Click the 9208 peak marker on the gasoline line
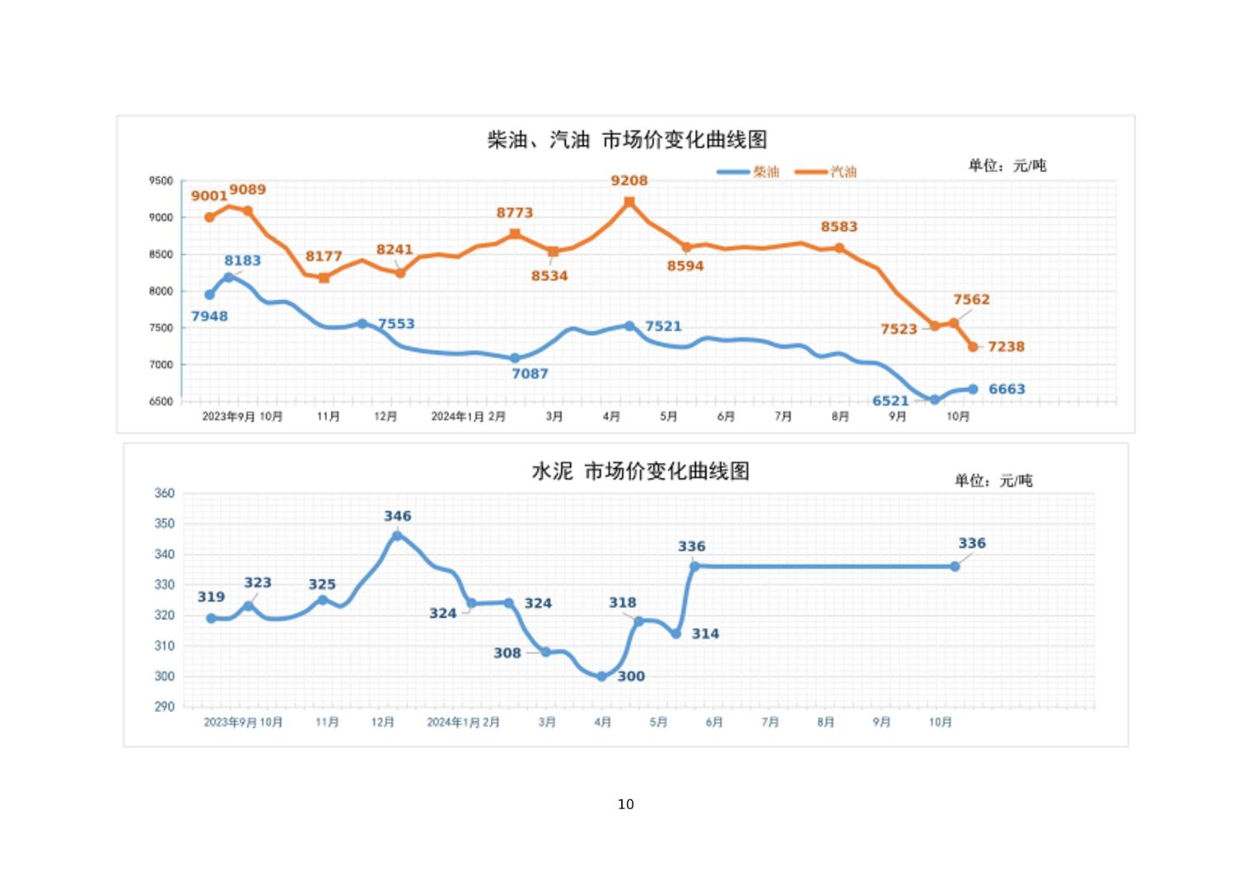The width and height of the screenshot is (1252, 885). (629, 202)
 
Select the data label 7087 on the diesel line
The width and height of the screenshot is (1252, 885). (530, 374)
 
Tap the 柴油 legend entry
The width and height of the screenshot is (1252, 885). (765, 171)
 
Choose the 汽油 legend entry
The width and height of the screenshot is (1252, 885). (843, 171)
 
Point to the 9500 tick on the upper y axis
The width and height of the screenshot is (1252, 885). (161, 181)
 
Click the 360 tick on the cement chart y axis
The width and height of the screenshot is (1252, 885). (164, 494)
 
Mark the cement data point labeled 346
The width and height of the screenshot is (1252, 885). (397, 536)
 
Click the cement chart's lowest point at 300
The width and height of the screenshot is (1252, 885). (601, 677)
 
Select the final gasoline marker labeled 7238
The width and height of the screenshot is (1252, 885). (973, 347)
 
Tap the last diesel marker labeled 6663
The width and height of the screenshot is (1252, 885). (973, 389)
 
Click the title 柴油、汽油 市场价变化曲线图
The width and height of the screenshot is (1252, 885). (627, 140)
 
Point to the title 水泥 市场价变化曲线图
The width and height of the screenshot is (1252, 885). (640, 471)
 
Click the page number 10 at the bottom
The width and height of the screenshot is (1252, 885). (626, 804)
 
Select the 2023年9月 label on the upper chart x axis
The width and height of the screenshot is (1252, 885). (228, 417)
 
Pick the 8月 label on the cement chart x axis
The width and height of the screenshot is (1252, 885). (826, 722)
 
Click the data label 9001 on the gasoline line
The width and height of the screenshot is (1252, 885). (208, 196)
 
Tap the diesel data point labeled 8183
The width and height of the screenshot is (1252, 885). (229, 278)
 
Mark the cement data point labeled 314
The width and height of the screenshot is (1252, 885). (676, 634)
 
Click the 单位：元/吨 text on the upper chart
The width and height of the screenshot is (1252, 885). (1007, 166)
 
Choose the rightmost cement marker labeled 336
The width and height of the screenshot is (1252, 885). (955, 566)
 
